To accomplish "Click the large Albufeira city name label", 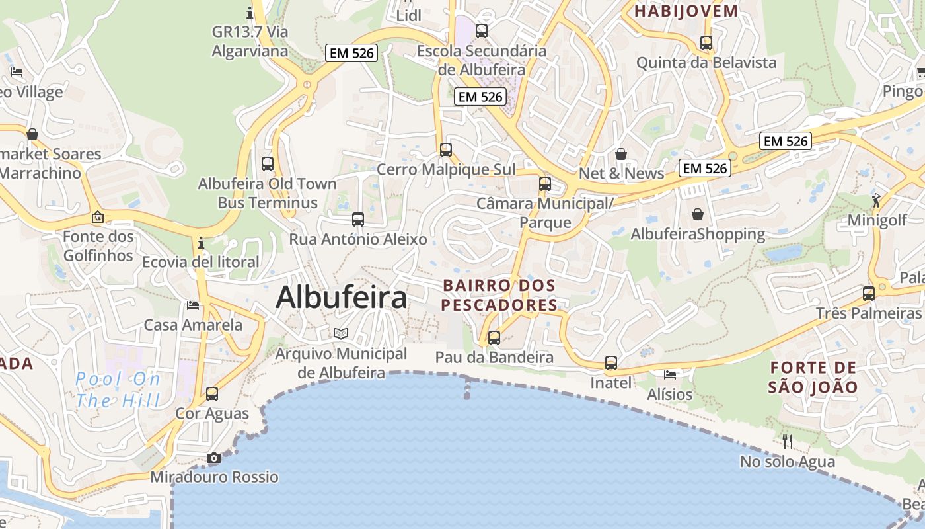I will click(341, 298).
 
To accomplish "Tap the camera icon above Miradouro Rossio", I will click(213, 458).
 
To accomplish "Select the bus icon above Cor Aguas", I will click(212, 394).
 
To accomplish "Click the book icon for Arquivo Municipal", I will click(341, 333).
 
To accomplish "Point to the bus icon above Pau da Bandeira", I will click(494, 338).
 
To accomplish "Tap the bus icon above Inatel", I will click(611, 362).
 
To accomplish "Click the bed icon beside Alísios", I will click(670, 375).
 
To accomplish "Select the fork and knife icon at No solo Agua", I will click(787, 442).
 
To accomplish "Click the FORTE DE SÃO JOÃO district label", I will click(813, 377).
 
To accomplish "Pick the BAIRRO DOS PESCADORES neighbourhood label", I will click(499, 295).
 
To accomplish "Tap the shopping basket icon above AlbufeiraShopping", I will click(698, 214).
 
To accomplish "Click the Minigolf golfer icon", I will click(876, 200).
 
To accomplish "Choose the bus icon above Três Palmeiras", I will click(868, 293).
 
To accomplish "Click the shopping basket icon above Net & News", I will click(621, 154).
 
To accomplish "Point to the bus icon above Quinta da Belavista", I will click(706, 43).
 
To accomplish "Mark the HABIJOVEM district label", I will click(686, 11).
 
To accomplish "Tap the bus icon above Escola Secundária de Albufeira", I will click(482, 30).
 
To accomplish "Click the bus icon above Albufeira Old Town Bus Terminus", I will click(268, 163).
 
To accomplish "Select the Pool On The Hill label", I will click(118, 389).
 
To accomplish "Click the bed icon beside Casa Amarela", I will click(193, 305).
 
